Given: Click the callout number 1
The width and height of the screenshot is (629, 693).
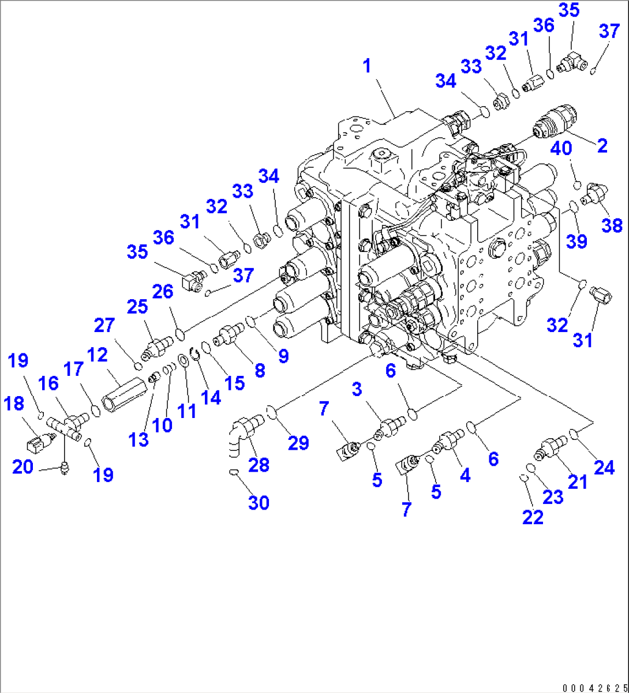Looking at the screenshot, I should [x=366, y=66].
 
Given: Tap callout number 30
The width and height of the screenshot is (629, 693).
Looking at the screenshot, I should [x=259, y=503].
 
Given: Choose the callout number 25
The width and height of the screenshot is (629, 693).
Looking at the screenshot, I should [x=138, y=307].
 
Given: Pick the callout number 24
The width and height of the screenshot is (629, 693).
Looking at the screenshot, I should [x=604, y=468].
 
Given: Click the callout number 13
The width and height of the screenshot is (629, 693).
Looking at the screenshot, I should [x=139, y=439].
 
